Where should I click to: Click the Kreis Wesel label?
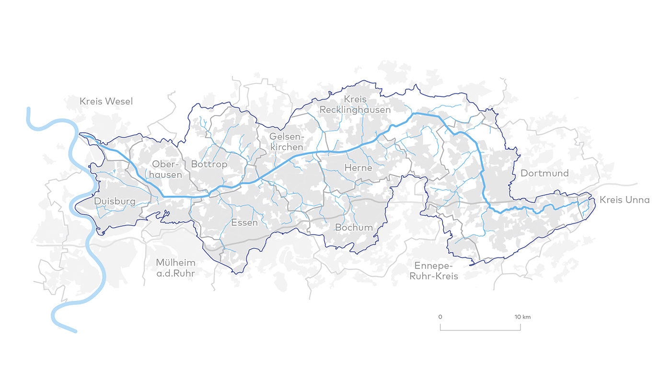click(x=106, y=101)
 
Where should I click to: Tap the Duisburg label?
click(x=115, y=201)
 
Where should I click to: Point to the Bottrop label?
click(x=209, y=164)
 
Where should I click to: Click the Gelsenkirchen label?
click(x=287, y=142)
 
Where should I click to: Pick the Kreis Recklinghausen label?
click(x=355, y=104)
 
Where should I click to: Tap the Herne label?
click(x=358, y=168)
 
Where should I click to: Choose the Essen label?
click(x=244, y=222)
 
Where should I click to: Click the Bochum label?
click(x=354, y=227)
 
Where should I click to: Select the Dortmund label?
click(x=544, y=173)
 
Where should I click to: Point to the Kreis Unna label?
click(x=624, y=200)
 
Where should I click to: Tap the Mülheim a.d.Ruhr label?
click(x=176, y=268)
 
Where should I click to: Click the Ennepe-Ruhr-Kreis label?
click(x=436, y=271)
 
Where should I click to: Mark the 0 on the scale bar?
click(x=440, y=317)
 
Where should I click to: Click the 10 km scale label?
click(x=522, y=317)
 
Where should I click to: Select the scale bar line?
click(x=480, y=330)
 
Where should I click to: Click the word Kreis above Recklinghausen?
click(x=355, y=99)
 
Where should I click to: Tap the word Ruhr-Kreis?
click(x=436, y=276)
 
